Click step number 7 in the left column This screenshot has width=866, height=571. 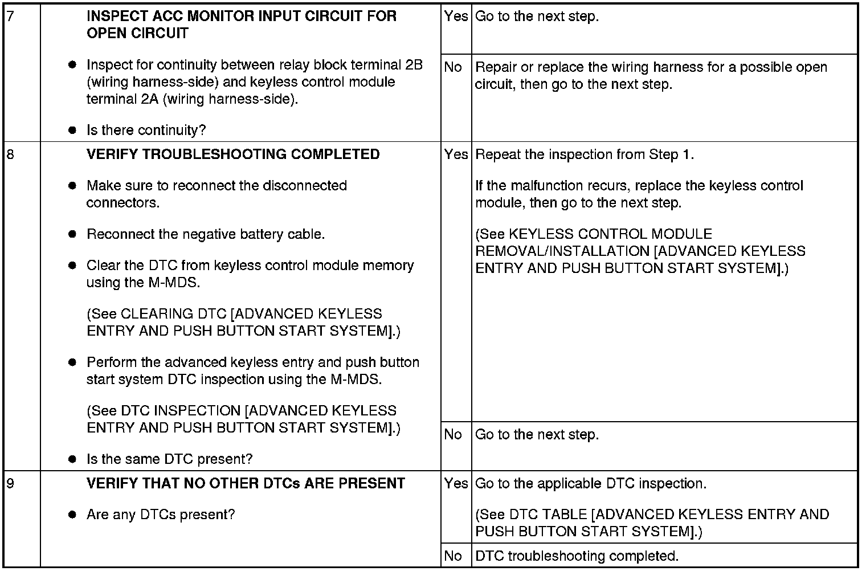tap(10, 17)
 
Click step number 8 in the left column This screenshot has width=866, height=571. tap(10, 154)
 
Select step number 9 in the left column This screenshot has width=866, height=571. tap(10, 484)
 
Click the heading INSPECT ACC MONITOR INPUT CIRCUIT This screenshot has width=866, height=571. tap(241, 25)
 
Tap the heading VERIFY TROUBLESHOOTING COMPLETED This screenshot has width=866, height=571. tap(233, 154)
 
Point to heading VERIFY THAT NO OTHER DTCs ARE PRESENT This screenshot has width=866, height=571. tap(246, 484)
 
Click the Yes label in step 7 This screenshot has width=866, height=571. tap(456, 17)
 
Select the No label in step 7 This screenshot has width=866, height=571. tap(453, 67)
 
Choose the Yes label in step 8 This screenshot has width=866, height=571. tap(456, 154)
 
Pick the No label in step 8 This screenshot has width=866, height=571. tap(453, 435)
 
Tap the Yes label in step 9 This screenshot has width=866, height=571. tap(456, 484)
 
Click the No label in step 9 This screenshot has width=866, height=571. tap(453, 556)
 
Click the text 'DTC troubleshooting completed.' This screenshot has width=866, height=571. tap(577, 556)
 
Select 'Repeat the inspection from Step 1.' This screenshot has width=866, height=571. tap(585, 154)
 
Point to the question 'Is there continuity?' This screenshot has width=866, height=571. tap(146, 130)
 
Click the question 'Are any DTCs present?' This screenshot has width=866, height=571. tap(160, 515)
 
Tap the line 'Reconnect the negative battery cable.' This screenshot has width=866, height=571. tap(206, 234)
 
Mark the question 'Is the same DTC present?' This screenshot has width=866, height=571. tap(169, 459)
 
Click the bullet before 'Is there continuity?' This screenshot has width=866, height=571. tap(72, 130)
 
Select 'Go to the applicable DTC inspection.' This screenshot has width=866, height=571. tap(591, 484)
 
